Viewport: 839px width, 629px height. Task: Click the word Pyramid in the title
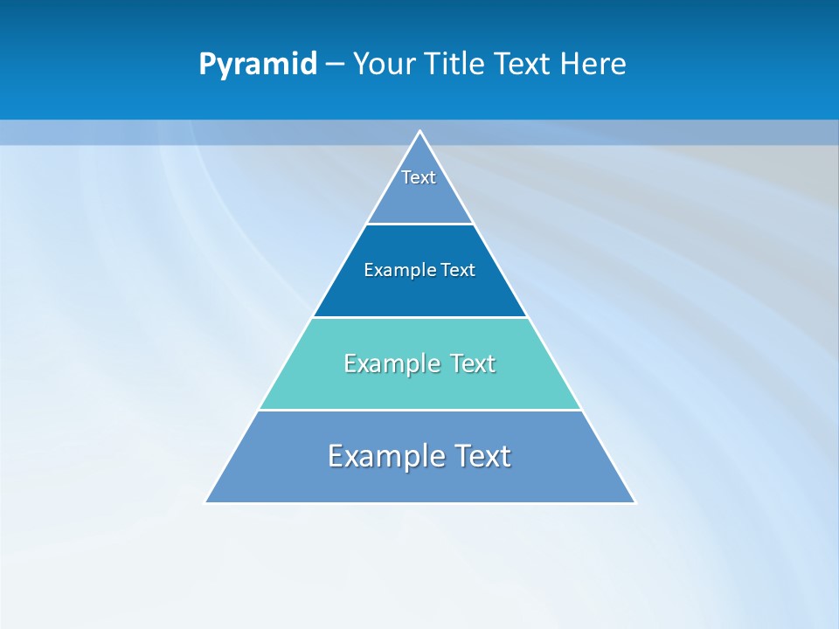coord(257,65)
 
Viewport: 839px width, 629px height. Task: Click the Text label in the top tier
coord(419,177)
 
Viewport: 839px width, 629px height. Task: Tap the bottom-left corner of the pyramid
coord(206,502)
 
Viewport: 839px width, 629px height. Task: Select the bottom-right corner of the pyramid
coord(634,502)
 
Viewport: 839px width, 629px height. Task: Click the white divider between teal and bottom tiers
coord(420,410)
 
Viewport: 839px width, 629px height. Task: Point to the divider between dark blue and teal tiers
coord(420,317)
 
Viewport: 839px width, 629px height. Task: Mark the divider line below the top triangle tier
coord(420,224)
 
